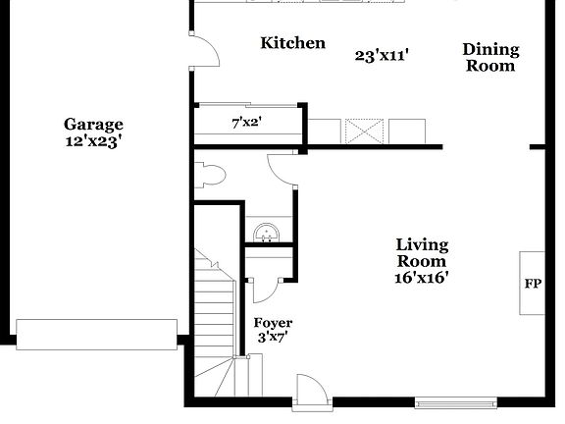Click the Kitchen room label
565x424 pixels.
click(x=292, y=43)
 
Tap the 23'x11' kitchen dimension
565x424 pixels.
click(x=382, y=56)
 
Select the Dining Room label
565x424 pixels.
click(x=490, y=58)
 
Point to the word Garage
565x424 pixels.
click(x=93, y=125)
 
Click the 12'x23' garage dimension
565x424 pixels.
click(x=93, y=141)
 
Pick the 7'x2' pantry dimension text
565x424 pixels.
click(x=246, y=124)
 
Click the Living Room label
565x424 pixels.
click(x=422, y=253)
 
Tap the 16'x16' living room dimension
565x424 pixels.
click(x=422, y=278)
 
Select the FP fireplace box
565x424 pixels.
click(x=533, y=283)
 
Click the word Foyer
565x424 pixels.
click(x=273, y=323)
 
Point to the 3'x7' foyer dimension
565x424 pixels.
click(x=273, y=339)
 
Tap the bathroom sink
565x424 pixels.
click(x=266, y=232)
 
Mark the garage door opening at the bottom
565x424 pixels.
click(x=96, y=334)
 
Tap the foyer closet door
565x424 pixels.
click(x=266, y=288)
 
